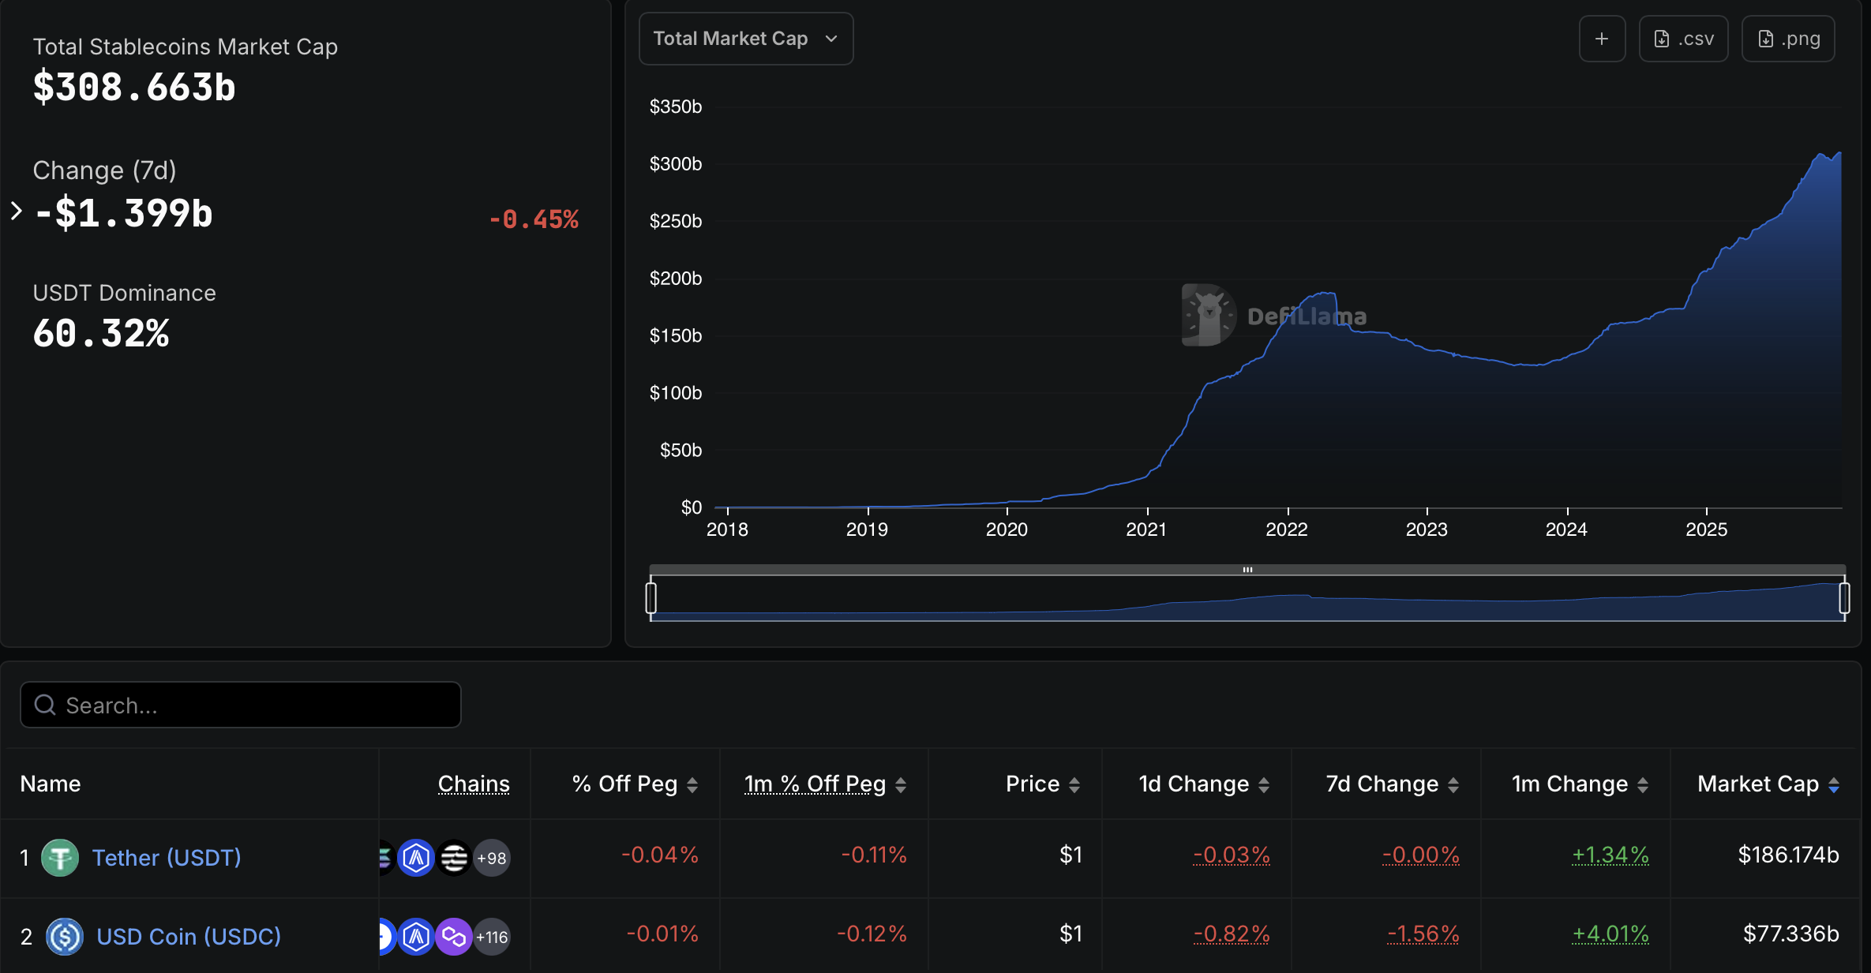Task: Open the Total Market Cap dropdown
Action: (744, 39)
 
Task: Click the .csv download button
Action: (1683, 39)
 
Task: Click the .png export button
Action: (1788, 39)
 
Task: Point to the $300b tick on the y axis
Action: (675, 163)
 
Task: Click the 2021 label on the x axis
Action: (1146, 530)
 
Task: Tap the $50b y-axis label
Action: (680, 450)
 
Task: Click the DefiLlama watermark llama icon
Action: (1208, 315)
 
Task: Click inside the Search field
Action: (241, 705)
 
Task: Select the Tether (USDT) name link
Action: (167, 858)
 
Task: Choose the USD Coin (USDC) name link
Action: (189, 937)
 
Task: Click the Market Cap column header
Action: (1758, 784)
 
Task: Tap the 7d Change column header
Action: (1382, 784)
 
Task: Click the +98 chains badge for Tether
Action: (492, 858)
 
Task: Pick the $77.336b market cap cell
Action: (1790, 934)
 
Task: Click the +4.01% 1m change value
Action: (1610, 934)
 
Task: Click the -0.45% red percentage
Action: (534, 219)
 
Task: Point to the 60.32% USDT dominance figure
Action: (101, 333)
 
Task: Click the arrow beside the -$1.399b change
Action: (17, 211)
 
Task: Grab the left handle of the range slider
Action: (651, 597)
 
